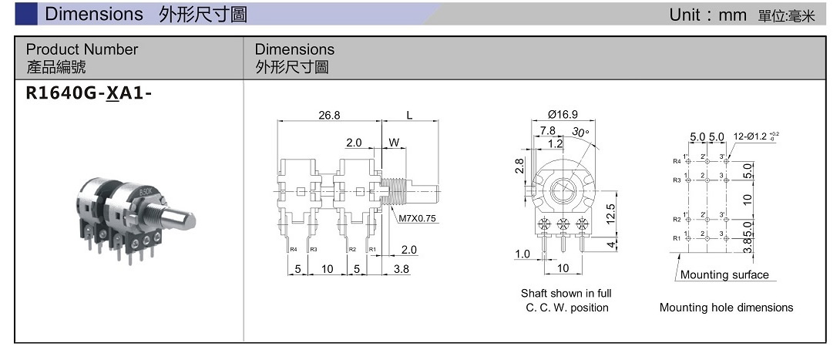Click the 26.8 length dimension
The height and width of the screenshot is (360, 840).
329,115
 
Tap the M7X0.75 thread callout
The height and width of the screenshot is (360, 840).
417,218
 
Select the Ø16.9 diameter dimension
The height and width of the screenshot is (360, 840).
563,115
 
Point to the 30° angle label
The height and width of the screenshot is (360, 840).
580,132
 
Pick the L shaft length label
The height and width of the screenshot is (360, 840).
409,115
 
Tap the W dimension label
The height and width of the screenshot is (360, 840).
394,143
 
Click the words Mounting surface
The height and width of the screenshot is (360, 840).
724,274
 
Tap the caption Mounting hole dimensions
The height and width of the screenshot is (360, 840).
726,308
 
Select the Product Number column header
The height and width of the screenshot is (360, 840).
82,49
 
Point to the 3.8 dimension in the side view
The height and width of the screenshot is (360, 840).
402,269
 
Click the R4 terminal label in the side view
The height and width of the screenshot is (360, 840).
294,249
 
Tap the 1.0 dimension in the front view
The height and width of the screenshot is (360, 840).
522,254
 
